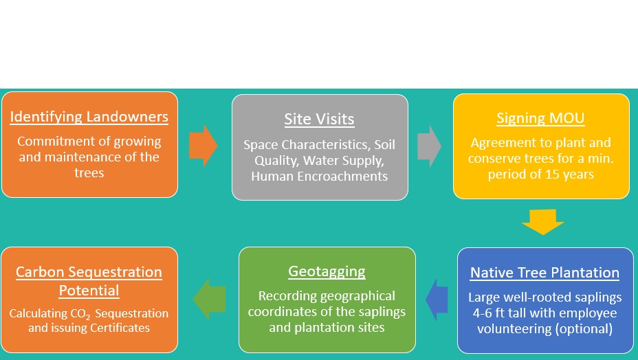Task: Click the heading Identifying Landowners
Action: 89,117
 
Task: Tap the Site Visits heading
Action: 320,119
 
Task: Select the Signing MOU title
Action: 540,118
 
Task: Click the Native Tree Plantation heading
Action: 544,273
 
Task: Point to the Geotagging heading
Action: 327,271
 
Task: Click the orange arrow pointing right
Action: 203,146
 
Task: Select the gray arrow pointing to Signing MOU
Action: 429,146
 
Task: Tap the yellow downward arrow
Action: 543,222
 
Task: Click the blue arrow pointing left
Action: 437,300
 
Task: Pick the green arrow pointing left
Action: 209,299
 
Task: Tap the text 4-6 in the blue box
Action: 482,313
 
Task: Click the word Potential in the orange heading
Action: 89,291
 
